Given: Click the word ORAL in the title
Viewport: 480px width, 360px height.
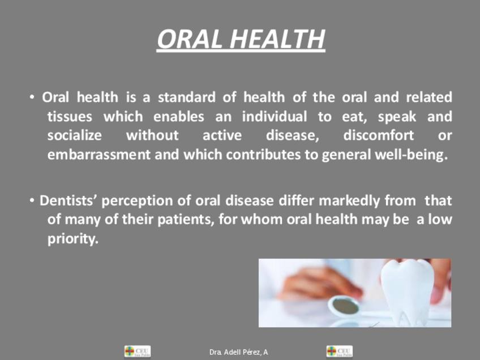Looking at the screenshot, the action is [190, 39].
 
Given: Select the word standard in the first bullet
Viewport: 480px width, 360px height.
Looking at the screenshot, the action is [187, 97].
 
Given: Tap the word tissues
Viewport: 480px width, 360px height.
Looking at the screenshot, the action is [70, 117].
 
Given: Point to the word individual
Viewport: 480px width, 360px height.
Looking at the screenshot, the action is [275, 117].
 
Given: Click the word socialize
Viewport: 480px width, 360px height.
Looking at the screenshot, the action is [74, 135].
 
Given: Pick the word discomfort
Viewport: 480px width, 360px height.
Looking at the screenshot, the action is [378, 135].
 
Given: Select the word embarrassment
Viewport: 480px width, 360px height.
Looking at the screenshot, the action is [99, 155].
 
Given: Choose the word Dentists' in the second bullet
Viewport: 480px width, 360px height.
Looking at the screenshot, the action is [68, 200].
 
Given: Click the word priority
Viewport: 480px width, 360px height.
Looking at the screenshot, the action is [73, 239].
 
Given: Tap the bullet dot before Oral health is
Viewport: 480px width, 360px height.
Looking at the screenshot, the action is [32, 97].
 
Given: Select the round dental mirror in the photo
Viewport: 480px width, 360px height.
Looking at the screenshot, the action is [344, 306].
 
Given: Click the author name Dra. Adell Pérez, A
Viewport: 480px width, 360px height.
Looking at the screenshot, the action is [239, 352].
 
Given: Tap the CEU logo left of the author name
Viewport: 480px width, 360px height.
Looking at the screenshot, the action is [138, 351].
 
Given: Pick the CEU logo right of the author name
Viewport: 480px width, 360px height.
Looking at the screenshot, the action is [340, 351].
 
